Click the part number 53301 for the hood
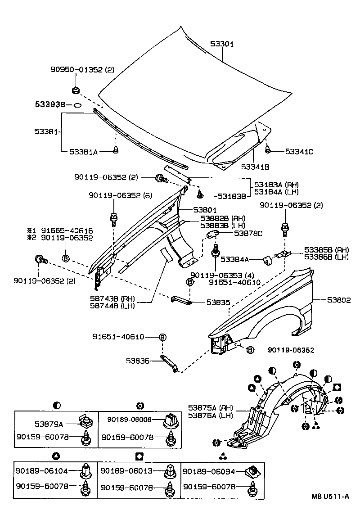[x=222, y=44]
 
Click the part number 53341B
[x=255, y=167]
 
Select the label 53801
[x=205, y=210]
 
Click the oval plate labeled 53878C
[x=213, y=235]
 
